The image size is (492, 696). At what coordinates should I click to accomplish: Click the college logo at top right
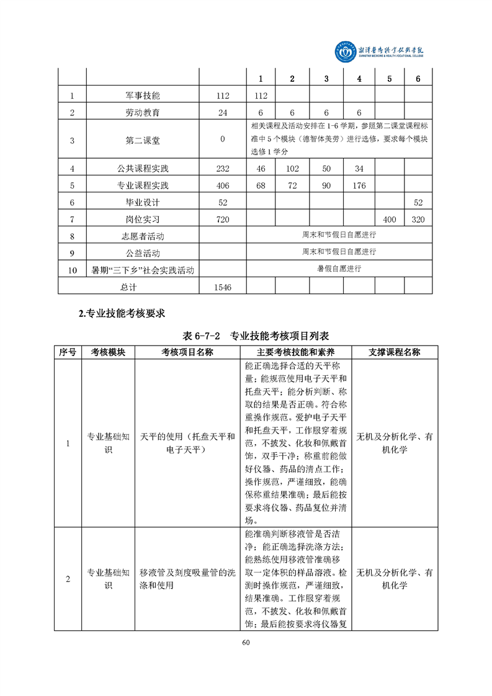[x=385, y=52]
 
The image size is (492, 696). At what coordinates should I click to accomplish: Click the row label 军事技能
[x=142, y=96]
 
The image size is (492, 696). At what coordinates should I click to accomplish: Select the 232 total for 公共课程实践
[x=222, y=169]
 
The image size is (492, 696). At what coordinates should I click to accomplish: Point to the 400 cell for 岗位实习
[x=389, y=220]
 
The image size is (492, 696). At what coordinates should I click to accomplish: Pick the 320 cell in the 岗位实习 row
[x=418, y=220]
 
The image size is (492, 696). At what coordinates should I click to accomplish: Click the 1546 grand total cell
[x=222, y=287]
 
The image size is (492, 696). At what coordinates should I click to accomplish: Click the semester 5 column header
[x=389, y=79]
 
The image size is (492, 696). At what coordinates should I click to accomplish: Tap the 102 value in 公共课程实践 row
[x=292, y=169]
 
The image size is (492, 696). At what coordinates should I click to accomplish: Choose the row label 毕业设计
[x=142, y=203]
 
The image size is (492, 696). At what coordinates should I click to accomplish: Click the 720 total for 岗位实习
[x=222, y=220]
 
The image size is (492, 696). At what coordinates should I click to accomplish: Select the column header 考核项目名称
[x=187, y=352]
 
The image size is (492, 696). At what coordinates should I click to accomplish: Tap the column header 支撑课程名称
[x=394, y=352]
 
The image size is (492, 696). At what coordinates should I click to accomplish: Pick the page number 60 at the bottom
[x=246, y=641]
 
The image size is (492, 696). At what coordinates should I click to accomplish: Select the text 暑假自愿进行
[x=339, y=269]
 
